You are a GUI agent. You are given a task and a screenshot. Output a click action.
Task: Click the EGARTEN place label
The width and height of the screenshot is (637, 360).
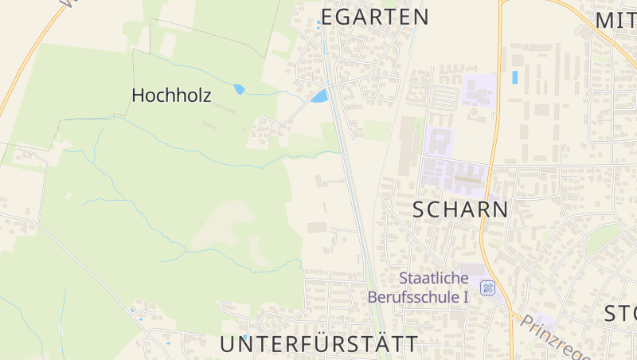[375, 17]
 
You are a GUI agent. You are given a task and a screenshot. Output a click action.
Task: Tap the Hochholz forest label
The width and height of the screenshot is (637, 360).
[171, 96]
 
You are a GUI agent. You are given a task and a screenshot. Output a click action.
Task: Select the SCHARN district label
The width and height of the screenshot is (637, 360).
[461, 209]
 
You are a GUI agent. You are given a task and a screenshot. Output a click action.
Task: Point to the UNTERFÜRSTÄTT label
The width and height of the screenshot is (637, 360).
[318, 344]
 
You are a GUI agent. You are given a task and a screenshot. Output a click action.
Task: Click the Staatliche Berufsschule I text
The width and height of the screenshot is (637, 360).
[418, 288]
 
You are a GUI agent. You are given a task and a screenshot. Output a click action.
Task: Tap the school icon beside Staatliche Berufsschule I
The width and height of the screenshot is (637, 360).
[487, 288]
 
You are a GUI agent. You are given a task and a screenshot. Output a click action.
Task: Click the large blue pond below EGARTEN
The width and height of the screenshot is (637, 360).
[319, 96]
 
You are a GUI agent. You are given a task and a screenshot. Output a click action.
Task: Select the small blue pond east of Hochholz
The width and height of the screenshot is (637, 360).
[239, 89]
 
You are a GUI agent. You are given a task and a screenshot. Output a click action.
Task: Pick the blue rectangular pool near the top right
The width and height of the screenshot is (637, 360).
[514, 78]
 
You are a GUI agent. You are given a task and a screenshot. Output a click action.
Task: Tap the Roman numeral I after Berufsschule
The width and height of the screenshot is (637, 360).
[466, 297]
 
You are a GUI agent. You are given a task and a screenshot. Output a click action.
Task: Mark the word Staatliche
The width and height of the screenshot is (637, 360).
[434, 278]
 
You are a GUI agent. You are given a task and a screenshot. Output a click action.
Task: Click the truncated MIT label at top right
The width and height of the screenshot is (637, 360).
[616, 19]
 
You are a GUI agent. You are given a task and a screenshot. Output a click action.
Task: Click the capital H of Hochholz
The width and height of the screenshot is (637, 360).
[139, 96]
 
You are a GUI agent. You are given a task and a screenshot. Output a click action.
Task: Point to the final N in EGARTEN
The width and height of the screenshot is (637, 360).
[421, 17]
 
